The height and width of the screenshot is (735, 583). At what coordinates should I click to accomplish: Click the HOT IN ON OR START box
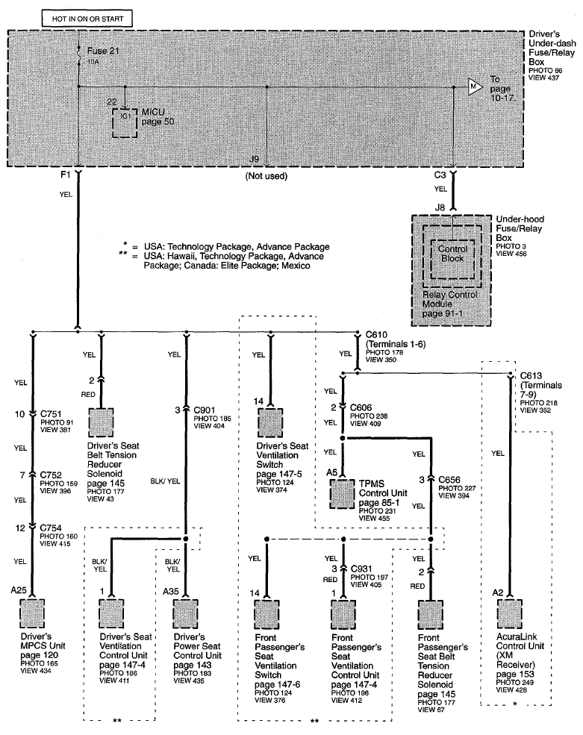(87, 19)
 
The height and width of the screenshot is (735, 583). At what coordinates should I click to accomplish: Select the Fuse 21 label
(103, 51)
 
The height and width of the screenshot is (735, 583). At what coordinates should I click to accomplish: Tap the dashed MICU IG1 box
(125, 123)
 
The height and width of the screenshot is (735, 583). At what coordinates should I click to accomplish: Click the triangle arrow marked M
(475, 87)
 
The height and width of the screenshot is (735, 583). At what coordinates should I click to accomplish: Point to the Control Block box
(452, 259)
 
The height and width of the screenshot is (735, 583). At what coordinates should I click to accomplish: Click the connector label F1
(65, 175)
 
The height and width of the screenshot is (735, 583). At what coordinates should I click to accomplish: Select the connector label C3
(440, 175)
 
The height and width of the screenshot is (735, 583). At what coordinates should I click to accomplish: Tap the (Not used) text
(266, 176)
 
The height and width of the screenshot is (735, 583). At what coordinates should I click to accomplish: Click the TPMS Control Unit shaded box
(342, 494)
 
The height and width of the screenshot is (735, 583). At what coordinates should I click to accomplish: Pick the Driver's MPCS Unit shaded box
(32, 613)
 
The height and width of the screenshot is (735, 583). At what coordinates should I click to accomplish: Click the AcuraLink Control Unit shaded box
(509, 613)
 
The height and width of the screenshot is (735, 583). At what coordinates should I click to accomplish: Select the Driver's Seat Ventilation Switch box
(270, 423)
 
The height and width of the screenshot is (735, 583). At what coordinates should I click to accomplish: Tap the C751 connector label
(51, 414)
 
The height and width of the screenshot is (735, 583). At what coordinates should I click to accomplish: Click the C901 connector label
(204, 410)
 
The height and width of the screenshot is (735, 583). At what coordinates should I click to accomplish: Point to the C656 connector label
(449, 480)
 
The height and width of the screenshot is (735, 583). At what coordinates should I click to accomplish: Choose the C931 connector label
(361, 569)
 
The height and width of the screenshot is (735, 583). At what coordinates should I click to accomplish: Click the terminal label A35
(171, 592)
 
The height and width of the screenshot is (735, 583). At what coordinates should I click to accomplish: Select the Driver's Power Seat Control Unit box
(186, 613)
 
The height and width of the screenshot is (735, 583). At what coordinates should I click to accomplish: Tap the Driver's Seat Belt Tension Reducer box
(101, 422)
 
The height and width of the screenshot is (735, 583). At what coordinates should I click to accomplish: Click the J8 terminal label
(440, 207)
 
